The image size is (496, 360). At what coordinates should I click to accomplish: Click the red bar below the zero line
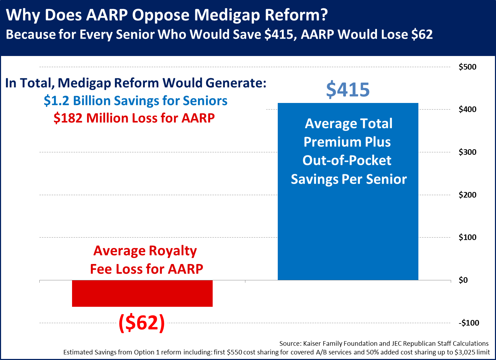pyautogui.click(x=142, y=293)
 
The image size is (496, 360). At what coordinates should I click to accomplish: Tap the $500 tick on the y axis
pyautogui.click(x=468, y=67)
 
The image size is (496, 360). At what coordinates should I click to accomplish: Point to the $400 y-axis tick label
pyautogui.click(x=468, y=109)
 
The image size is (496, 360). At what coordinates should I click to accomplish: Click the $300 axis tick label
pyautogui.click(x=468, y=152)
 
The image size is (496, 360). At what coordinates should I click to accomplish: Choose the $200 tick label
pyautogui.click(x=468, y=195)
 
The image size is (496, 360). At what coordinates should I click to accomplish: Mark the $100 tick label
pyautogui.click(x=468, y=237)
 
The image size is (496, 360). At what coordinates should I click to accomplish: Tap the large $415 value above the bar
pyautogui.click(x=348, y=90)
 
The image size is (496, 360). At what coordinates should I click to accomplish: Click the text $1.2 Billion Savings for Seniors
pyautogui.click(x=135, y=101)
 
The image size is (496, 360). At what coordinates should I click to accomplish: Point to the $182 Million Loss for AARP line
pyautogui.click(x=134, y=118)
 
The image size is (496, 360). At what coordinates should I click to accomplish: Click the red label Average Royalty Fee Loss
pyautogui.click(x=146, y=259)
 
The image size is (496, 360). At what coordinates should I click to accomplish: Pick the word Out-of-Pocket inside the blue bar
pyautogui.click(x=347, y=160)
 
